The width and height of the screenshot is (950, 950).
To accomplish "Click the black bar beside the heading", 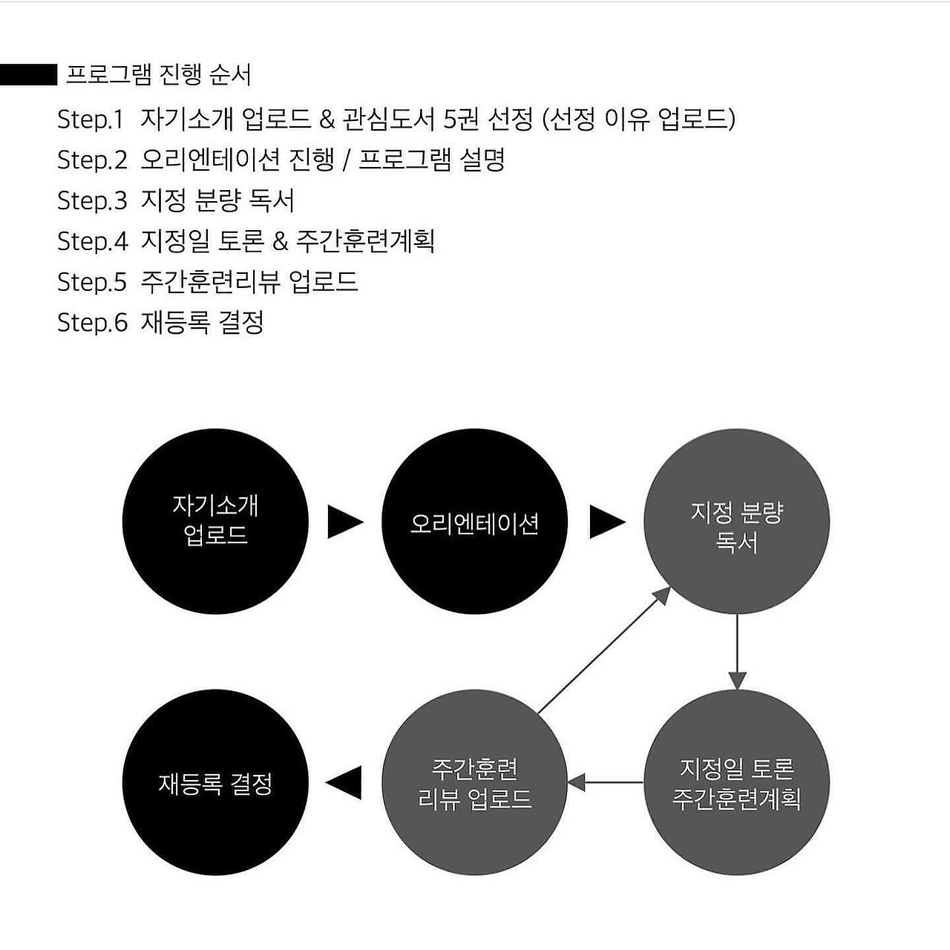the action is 28,75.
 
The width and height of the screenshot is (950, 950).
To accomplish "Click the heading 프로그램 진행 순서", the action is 159,75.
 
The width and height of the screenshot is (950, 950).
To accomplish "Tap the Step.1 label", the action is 90,119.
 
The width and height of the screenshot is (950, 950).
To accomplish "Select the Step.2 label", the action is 92,160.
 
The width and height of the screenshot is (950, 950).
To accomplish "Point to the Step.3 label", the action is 92,200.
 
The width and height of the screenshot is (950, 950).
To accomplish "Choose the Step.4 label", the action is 92,241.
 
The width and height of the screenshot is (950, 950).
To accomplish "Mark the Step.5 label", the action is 92,282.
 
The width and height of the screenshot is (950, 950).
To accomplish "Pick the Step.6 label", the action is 92,323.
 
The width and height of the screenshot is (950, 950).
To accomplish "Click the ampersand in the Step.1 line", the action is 327,119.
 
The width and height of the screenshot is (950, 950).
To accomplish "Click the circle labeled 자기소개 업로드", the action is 215,521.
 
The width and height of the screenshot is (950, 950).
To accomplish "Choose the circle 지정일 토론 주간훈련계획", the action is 736,782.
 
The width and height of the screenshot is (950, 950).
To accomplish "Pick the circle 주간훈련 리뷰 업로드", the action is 474,782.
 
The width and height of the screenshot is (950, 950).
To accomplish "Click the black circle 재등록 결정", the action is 215,782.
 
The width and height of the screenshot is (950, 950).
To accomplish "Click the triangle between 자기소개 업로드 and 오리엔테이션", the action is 344,522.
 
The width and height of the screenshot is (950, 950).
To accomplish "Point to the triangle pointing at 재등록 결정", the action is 344,782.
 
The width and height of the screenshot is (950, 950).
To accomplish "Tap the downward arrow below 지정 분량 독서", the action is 736,652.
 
